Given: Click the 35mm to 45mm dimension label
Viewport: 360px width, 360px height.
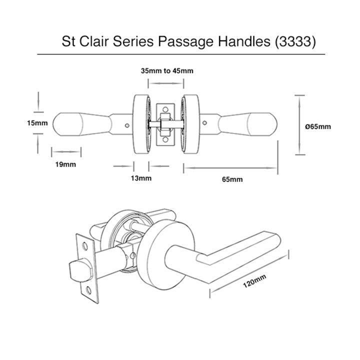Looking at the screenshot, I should pyautogui.click(x=167, y=71).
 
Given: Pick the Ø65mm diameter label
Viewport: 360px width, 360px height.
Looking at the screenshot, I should pyautogui.click(x=318, y=126).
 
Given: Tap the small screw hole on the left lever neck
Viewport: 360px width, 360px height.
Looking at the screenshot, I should pyautogui.click(x=127, y=123).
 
